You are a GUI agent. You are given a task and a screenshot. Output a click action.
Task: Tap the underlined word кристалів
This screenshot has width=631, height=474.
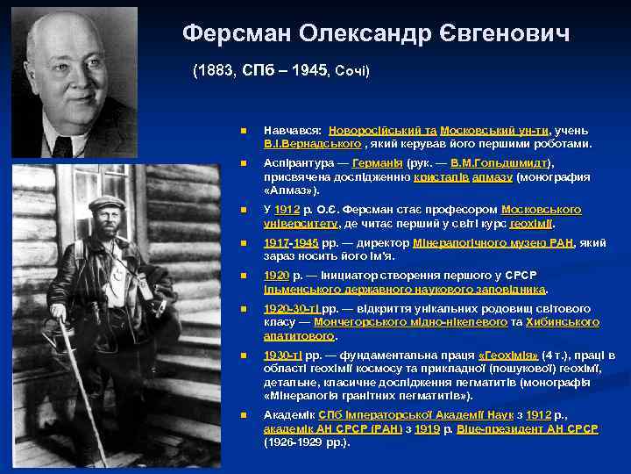[x=441, y=176]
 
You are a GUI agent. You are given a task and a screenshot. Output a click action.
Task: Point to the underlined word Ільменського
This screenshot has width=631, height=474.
[x=302, y=288]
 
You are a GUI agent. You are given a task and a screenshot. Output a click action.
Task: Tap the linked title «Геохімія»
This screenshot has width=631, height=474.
[x=508, y=355]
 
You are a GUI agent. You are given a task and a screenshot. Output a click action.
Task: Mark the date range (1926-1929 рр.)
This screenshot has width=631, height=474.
[x=306, y=442]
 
